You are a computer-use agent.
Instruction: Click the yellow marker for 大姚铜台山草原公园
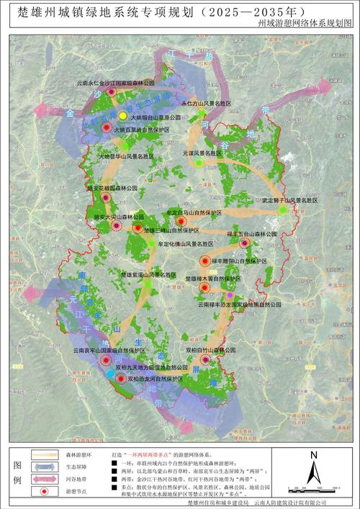tap(123, 116)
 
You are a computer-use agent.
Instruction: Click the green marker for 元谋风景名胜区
tap(198, 163)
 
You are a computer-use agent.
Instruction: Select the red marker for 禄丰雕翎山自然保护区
tap(204, 261)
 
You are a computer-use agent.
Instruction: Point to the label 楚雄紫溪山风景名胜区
tap(148, 275)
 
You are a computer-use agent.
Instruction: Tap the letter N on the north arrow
tap(312, 455)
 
